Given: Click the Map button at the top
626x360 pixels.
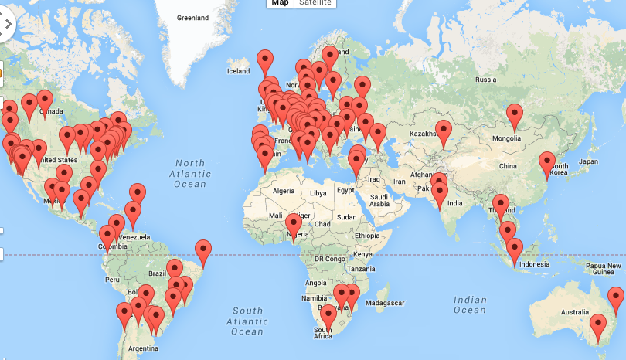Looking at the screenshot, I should point(280,3).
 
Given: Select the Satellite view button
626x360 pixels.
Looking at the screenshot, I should point(315,3).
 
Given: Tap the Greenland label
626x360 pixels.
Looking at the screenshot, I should point(192,17).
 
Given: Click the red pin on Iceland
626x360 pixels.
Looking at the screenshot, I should point(265,60).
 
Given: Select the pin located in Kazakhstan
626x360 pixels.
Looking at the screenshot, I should point(444,131).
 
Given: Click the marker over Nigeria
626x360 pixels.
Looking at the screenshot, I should point(294,225).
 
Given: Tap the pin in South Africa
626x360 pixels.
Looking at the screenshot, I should point(328,316).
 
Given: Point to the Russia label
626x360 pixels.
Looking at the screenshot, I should point(485,80).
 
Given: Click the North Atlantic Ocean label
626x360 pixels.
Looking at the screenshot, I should point(190,174).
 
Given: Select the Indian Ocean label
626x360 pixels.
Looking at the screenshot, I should point(471,305).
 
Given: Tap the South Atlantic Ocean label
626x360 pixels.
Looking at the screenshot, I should point(248,321).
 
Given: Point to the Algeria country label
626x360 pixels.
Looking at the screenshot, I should point(284,190).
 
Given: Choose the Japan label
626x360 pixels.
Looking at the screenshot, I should point(588,161).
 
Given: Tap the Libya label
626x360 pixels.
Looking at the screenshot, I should point(318,192).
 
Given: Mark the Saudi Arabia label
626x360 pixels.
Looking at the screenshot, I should point(379,201).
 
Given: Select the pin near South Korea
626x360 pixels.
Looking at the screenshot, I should point(547,163).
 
